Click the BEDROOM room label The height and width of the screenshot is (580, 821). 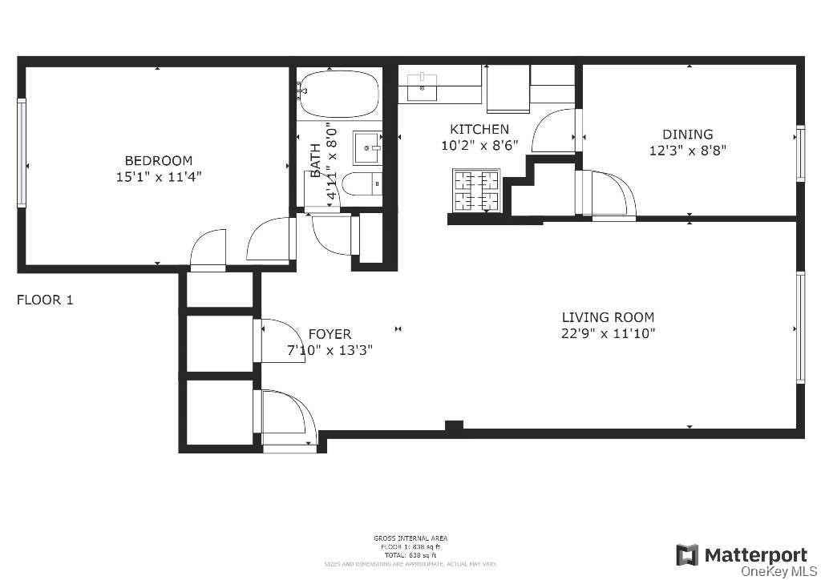click(x=158, y=161)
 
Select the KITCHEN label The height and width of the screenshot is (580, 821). click(x=479, y=129)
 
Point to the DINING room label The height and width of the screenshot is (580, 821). click(x=687, y=135)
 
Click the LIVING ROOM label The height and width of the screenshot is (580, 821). click(x=608, y=317)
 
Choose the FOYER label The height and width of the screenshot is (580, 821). click(x=330, y=334)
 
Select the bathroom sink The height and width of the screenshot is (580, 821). click(x=369, y=147)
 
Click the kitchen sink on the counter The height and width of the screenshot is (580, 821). click(x=422, y=87)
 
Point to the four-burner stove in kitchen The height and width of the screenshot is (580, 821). click(x=476, y=191)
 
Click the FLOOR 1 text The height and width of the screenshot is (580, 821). click(x=45, y=300)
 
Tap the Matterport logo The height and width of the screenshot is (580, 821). click(x=742, y=554)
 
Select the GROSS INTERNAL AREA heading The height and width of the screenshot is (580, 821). click(x=410, y=538)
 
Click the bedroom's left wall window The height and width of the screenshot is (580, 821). click(x=22, y=152)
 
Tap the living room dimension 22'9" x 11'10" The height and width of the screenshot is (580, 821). click(x=608, y=334)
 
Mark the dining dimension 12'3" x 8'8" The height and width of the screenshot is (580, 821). click(x=687, y=150)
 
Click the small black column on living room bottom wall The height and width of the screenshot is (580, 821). click(x=454, y=427)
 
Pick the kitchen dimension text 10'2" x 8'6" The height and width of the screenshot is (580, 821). click(x=479, y=145)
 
